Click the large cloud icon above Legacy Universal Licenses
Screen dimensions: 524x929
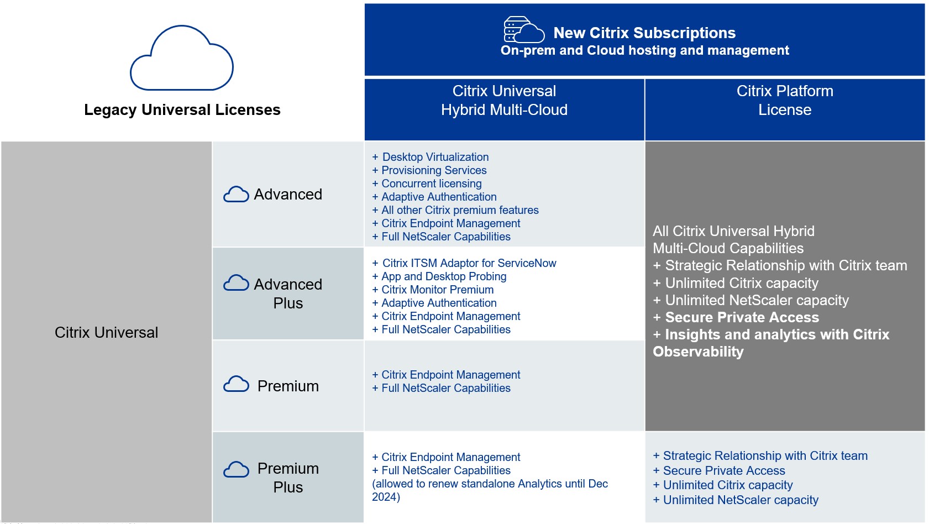182,59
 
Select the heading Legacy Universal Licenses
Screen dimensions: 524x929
182,110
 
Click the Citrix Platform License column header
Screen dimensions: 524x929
784,101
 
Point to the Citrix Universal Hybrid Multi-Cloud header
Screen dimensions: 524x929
504,101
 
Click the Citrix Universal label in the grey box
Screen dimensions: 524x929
106,332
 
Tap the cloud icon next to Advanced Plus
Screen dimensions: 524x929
236,283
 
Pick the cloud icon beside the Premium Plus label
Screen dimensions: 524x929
236,470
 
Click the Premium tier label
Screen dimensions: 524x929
288,386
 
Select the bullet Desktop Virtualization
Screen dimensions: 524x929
435,157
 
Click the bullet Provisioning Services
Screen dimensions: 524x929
434,170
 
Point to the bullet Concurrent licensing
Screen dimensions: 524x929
431,184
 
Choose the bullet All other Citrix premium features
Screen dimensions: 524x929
460,210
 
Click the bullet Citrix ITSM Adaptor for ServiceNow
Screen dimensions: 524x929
469,263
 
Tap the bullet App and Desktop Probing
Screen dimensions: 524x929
443,276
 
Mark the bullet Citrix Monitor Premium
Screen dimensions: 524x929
437,290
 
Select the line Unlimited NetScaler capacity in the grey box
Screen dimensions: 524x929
757,300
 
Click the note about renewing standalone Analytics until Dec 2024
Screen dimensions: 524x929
490,490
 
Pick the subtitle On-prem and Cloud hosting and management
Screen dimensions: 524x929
644,50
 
